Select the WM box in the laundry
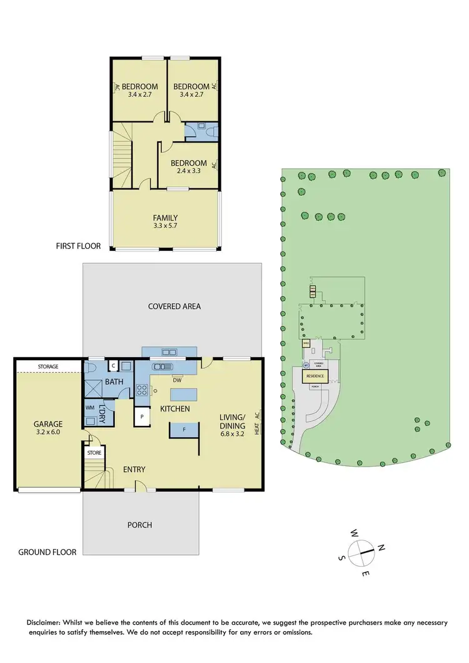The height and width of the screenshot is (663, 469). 89,407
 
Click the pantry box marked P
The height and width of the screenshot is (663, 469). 142,416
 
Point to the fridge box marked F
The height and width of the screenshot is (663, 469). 184,430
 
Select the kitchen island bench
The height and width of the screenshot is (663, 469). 184,394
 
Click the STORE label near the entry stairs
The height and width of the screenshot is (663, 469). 94,452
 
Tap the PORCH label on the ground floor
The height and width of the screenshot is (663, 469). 140,525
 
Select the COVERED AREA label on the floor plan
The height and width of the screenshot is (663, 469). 174,306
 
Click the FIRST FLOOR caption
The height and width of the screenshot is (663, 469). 78,246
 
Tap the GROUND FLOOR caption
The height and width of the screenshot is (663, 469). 48,552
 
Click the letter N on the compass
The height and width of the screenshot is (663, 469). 381,549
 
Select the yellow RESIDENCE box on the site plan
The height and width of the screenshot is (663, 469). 315,377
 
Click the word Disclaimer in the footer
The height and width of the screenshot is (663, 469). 46,622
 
